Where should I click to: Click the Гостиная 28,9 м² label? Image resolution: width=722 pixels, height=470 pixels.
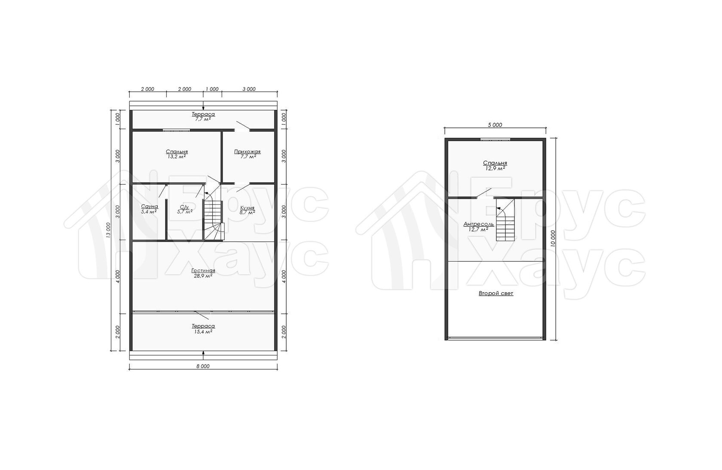(x=203, y=273)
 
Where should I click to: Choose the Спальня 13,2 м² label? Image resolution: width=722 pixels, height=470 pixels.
(x=177, y=154)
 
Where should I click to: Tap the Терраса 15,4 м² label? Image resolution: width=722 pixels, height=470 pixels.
(x=203, y=329)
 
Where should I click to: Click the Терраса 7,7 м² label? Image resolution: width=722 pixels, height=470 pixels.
(x=203, y=116)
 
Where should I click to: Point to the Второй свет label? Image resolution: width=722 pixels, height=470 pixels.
(x=496, y=294)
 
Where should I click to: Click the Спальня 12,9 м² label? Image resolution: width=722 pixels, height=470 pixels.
(x=495, y=165)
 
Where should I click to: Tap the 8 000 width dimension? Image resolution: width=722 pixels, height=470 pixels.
(x=203, y=366)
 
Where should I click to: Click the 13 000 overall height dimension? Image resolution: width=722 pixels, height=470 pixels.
(x=108, y=230)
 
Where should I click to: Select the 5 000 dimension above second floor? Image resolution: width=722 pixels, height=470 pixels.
(x=495, y=125)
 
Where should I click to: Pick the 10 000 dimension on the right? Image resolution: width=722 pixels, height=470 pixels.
(x=553, y=239)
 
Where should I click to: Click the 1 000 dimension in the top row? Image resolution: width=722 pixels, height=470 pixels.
(x=212, y=89)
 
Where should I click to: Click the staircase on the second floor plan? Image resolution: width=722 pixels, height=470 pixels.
(x=505, y=220)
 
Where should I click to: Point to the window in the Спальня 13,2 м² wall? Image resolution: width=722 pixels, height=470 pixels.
(x=176, y=130)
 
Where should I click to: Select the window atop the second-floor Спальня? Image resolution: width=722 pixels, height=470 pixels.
(x=495, y=139)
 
